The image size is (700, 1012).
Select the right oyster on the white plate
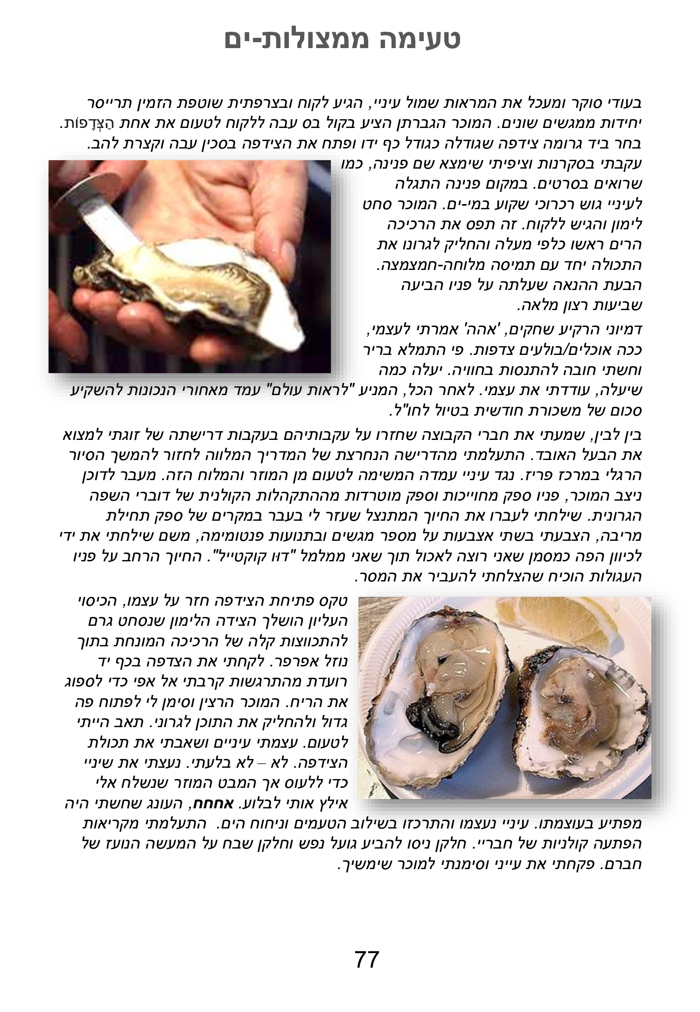click(x=579, y=701)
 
